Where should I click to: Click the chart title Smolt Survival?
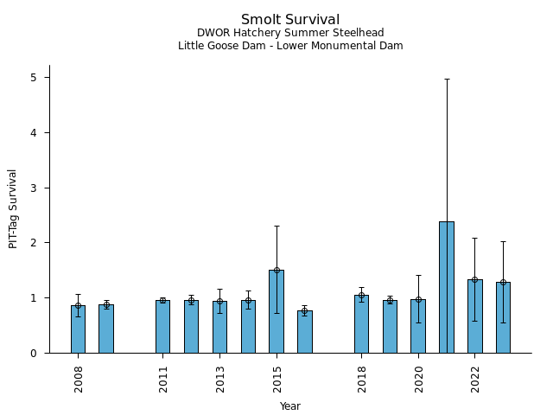[x=290, y=19]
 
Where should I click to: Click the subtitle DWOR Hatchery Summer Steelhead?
[x=290, y=33]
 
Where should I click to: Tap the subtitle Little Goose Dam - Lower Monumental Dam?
[x=290, y=46]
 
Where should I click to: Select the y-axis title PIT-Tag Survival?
[x=13, y=208]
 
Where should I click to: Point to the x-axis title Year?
[x=290, y=405]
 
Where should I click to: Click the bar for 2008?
[x=78, y=329]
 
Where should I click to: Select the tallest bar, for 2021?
[x=447, y=287]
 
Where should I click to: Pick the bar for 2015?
[x=276, y=311]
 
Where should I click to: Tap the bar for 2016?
[x=305, y=332]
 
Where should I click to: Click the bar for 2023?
[x=503, y=317]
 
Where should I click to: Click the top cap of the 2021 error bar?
[x=447, y=79]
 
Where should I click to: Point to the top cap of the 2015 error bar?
[x=276, y=226]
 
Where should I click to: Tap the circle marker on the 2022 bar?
[x=474, y=279]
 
